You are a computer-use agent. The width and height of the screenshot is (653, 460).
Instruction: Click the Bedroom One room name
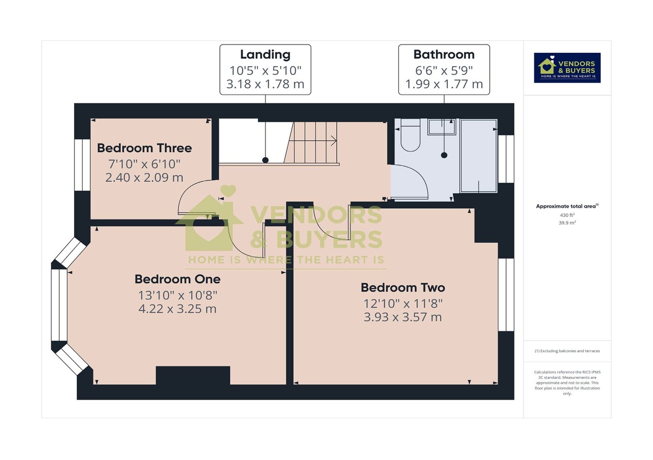[x=177, y=279]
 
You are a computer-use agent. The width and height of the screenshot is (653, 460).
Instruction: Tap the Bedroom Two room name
[x=403, y=288]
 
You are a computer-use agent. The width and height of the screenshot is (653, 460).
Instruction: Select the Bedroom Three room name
[x=144, y=148]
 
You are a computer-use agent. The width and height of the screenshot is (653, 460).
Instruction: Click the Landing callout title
[x=265, y=54]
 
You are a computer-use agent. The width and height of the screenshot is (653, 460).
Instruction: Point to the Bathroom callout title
[x=443, y=54]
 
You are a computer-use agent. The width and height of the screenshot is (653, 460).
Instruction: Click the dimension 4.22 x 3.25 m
[x=177, y=309]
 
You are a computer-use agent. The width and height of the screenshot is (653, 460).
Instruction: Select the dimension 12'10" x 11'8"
[x=403, y=303]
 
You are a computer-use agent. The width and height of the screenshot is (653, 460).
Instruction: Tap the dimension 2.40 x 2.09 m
[x=144, y=177]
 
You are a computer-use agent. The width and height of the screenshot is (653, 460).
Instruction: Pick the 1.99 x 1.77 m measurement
[x=443, y=84]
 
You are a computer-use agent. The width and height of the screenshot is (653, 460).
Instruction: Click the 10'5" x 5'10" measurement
[x=265, y=70]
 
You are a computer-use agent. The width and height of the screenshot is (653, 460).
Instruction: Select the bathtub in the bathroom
[x=478, y=156]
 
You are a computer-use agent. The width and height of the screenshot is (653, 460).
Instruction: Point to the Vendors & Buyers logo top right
[x=567, y=67]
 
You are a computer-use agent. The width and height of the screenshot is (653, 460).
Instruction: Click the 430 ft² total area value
[x=567, y=215]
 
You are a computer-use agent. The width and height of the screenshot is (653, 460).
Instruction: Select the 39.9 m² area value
[x=567, y=222]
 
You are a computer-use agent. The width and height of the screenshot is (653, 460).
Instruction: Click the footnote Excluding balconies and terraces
[x=567, y=351]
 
